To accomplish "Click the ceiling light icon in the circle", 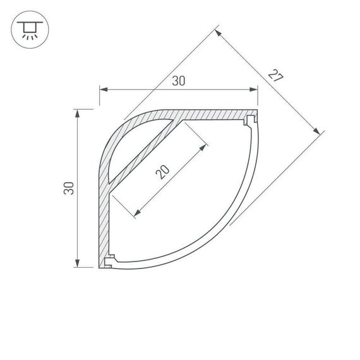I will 27,28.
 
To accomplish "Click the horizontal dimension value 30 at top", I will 179,81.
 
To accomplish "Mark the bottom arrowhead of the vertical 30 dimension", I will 78,263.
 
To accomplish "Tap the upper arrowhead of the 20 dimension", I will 203,147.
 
